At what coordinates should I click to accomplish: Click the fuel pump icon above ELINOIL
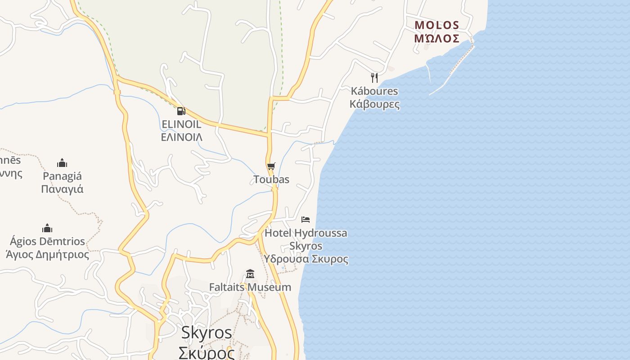click(181, 111)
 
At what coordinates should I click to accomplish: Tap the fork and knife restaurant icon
click(374, 77)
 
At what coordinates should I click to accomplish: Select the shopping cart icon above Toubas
click(271, 166)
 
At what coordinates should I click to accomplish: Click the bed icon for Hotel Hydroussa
click(306, 220)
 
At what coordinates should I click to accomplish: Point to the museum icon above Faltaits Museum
click(250, 274)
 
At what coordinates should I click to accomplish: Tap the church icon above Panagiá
click(62, 163)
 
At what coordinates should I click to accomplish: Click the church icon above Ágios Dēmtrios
click(47, 228)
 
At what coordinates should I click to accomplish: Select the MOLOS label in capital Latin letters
click(436, 25)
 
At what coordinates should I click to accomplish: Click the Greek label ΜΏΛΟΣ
click(436, 39)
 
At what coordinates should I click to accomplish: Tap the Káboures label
click(374, 91)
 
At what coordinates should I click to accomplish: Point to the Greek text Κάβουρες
click(374, 104)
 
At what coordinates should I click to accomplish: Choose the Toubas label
click(271, 180)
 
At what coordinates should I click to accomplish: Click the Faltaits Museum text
click(250, 287)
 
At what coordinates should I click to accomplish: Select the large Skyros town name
click(207, 333)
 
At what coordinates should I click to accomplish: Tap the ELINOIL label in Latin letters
click(181, 124)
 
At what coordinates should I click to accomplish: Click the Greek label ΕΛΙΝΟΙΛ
click(181, 137)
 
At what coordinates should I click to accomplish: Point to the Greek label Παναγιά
click(62, 189)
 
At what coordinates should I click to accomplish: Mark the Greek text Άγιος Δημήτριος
click(47, 255)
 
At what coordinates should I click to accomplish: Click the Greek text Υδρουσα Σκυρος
click(306, 259)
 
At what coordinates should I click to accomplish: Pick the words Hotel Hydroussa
click(306, 233)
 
